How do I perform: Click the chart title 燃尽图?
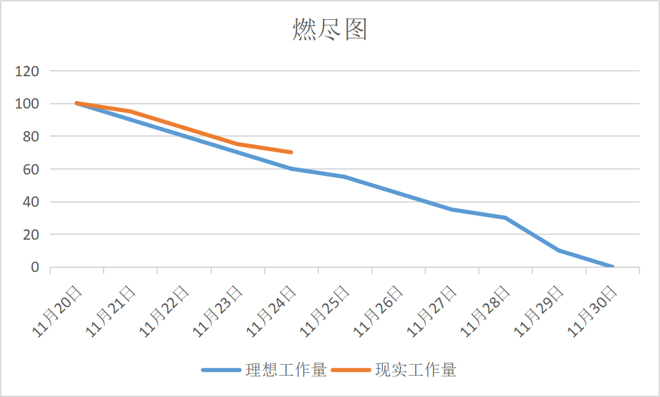point(330,30)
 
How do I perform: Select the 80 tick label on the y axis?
point(31,136)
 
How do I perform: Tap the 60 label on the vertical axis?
point(31,169)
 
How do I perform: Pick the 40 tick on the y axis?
point(31,202)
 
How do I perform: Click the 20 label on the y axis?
point(31,234)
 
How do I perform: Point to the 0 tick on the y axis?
point(35,267)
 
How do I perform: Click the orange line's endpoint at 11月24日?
point(292,152)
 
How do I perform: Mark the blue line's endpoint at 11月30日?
point(613,266)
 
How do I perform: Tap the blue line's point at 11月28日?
point(506,218)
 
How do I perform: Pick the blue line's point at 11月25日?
point(345,177)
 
